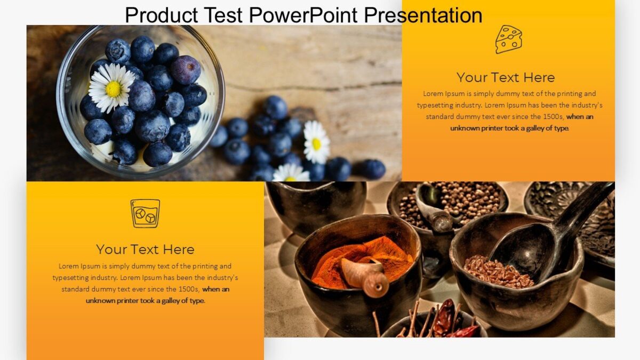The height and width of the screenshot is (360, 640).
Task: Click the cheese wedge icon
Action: (508, 39)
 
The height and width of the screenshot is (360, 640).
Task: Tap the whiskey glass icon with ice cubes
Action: (145, 213)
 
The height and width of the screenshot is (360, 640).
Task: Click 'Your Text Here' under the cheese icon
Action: (506, 77)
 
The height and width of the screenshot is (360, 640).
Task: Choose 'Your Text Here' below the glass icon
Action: (145, 249)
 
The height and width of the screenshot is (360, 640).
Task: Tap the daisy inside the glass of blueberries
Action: (112, 88)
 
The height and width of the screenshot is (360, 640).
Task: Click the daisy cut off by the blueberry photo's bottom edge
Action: (290, 174)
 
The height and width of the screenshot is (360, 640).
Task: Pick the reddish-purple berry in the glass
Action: (186, 69)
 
